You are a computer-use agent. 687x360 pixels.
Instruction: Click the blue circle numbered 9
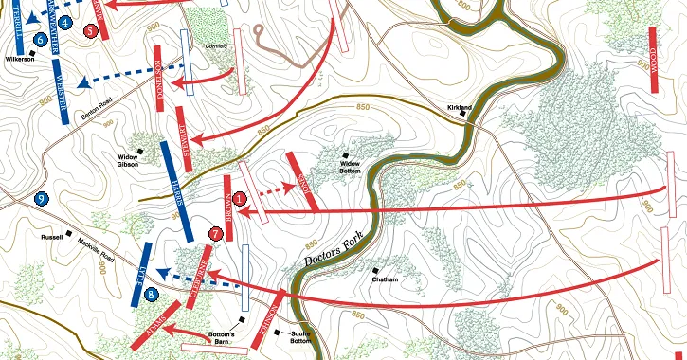pos(41,198)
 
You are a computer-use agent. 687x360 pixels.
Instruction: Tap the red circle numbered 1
pos(240,199)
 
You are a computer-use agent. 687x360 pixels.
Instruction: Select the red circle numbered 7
pos(216,232)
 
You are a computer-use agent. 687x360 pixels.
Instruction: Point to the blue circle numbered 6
pos(41,39)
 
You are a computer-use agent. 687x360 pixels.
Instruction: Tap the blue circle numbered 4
pos(64,21)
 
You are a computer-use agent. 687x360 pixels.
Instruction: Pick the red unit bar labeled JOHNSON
pos(270,322)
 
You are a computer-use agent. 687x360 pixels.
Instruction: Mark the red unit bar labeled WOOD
pos(653,57)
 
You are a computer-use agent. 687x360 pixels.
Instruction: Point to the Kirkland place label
pos(460,109)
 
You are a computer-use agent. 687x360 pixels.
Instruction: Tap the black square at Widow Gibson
pos(139,151)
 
